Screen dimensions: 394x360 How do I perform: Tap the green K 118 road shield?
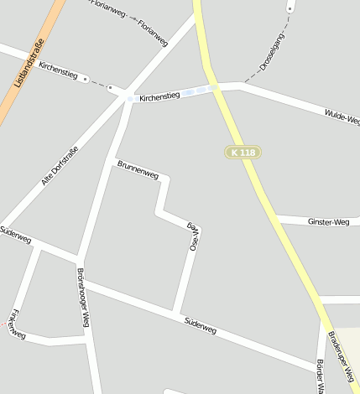243,152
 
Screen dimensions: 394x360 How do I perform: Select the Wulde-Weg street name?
342,115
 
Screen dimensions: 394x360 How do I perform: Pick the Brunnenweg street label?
138,168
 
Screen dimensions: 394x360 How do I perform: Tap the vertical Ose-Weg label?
193,236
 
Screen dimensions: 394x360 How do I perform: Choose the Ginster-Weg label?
329,221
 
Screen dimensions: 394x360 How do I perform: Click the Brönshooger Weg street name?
83,297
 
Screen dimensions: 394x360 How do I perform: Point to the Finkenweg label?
17,326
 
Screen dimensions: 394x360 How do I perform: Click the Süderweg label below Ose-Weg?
201,324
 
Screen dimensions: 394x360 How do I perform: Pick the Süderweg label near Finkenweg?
15,234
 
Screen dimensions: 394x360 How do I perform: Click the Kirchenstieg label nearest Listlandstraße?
58,70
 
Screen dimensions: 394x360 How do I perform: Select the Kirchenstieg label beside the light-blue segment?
159,96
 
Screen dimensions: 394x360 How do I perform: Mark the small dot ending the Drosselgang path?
290,9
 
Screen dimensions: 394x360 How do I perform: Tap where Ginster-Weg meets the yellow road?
275,219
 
